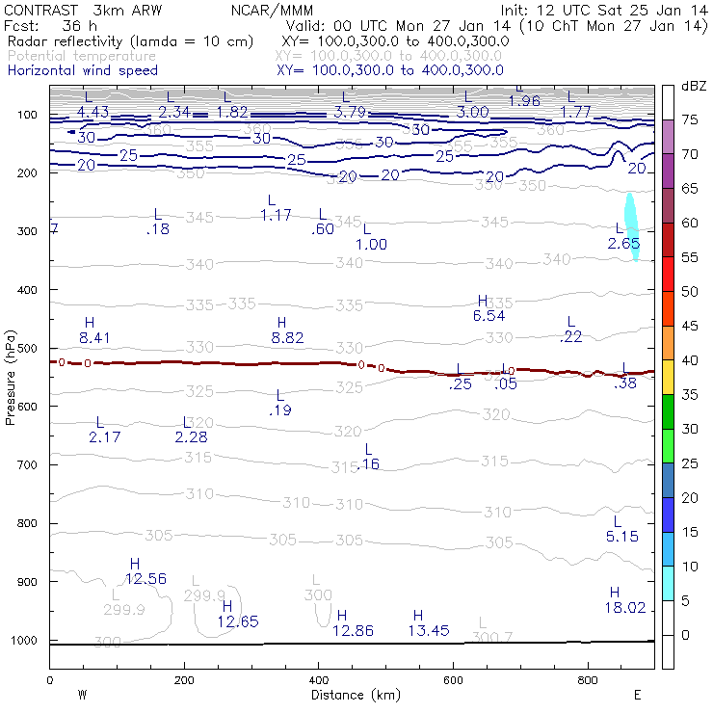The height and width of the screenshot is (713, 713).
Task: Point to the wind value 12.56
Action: pos(145,579)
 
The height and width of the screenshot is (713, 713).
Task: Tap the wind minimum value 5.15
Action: pos(622,536)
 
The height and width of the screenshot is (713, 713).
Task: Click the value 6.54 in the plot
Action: pos(489,315)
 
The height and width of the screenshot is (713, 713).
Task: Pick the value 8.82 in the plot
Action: pos(287,338)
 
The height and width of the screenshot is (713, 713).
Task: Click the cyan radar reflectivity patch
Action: pos(632,226)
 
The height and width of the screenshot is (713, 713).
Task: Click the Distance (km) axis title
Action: pos(352,695)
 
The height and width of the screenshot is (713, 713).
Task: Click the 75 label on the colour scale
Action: pos(690,120)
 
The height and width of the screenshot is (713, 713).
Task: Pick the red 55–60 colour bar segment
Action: pos(667,241)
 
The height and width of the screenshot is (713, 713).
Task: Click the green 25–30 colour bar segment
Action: pos(667,446)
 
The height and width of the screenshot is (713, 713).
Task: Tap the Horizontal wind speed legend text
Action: pos(82,70)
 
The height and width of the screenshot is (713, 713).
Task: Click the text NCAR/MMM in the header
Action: pos(272,10)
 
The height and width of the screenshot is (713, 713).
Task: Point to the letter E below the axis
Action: pos(637,695)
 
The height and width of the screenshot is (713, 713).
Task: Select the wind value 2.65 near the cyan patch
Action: pos(624,245)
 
